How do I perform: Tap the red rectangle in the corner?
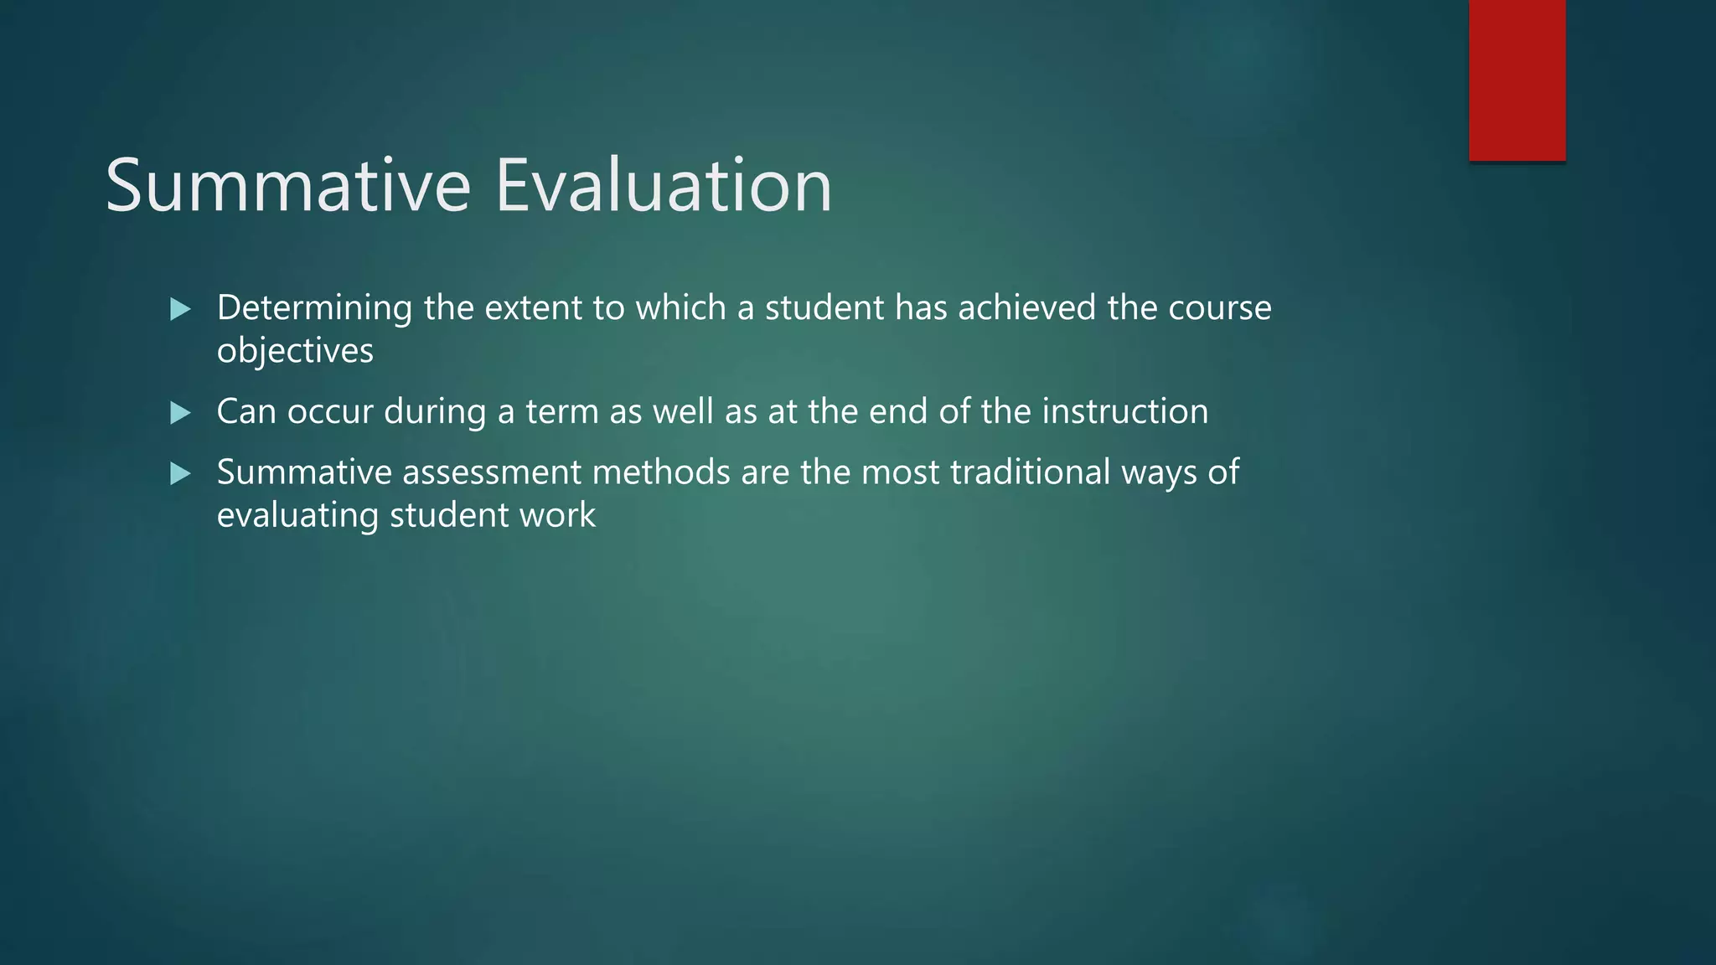tap(1517, 80)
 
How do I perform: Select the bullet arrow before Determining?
tap(180, 310)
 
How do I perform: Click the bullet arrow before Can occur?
tap(180, 413)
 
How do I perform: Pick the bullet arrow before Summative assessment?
tap(180, 475)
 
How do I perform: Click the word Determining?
tap(314, 308)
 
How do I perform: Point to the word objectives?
tap(295, 350)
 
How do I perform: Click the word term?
tap(561, 411)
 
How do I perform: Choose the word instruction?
tap(1125, 411)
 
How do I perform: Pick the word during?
tap(435, 411)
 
